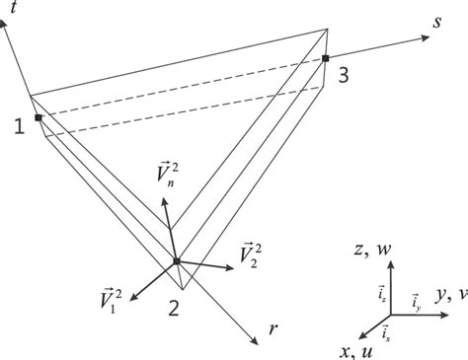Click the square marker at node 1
pos(38,118)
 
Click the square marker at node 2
pos(176,261)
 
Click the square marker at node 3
pos(324,59)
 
